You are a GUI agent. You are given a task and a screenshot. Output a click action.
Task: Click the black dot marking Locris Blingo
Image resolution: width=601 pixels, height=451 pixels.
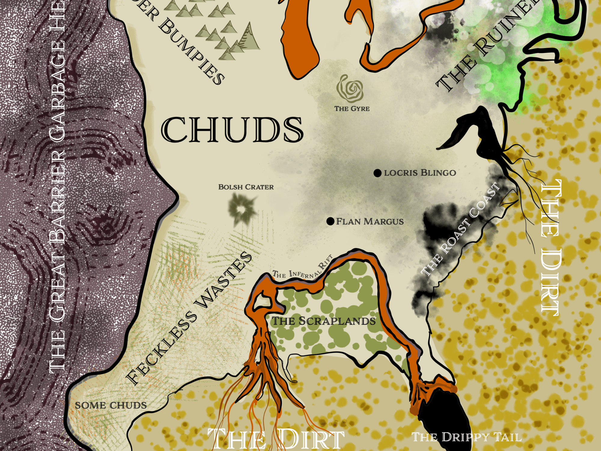click(377, 173)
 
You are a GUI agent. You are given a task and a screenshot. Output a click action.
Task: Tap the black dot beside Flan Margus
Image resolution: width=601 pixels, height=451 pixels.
click(330, 222)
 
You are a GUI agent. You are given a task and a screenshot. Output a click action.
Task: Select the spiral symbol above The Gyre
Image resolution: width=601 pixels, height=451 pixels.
click(350, 89)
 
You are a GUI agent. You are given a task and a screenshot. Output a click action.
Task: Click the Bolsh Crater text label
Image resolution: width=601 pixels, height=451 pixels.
click(246, 187)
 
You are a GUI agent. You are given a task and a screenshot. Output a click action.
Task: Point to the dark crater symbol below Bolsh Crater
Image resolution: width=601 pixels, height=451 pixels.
click(241, 209)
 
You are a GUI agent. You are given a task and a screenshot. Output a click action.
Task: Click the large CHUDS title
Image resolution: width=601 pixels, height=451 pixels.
click(232, 130)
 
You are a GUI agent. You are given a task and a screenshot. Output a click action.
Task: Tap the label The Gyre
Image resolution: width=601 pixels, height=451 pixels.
click(352, 109)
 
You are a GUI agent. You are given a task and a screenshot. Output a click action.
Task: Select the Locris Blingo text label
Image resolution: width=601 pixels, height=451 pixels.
click(420, 173)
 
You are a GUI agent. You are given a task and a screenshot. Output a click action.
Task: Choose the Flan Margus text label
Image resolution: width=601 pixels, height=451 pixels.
click(370, 222)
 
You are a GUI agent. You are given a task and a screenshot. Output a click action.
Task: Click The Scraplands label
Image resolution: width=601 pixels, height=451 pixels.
click(324, 321)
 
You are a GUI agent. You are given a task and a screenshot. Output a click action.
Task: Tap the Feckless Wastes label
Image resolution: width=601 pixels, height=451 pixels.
click(189, 319)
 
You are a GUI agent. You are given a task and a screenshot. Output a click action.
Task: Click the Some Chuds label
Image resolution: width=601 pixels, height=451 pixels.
click(111, 405)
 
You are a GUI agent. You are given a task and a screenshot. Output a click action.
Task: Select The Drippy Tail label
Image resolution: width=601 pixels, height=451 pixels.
click(466, 437)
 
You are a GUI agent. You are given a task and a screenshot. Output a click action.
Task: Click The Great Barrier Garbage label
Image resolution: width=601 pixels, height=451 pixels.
click(57, 186)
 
